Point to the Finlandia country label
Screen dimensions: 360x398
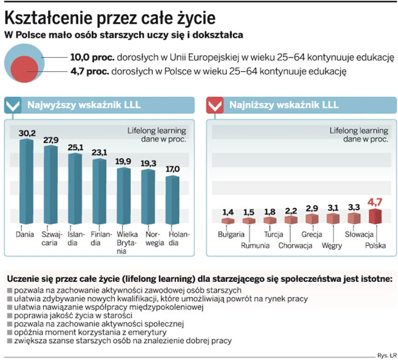[x=99, y=239]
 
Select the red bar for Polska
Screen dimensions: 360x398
[x=376, y=216]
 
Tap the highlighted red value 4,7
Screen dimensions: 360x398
[x=375, y=202]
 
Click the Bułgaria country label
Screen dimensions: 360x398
[x=231, y=234]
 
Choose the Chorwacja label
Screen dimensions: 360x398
[x=295, y=245]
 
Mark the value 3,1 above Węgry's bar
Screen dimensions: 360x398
[x=333, y=209]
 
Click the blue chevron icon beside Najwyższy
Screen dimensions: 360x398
[x=13, y=105]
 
